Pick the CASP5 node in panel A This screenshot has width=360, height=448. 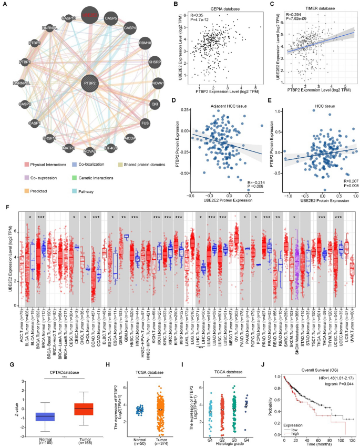coord(111,18)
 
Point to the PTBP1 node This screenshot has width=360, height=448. coord(24,62)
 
